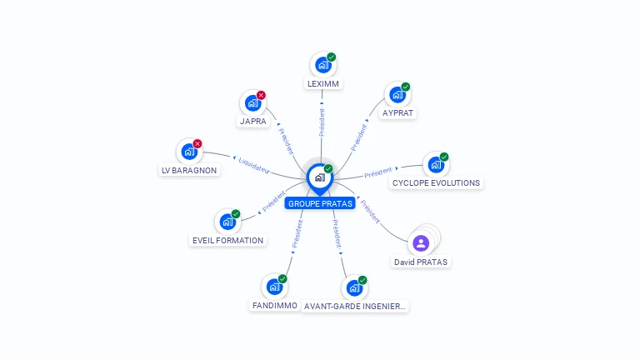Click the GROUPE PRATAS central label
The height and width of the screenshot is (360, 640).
pos(320,203)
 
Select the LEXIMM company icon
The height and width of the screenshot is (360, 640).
pos(322,65)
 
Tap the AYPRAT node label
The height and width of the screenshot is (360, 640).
pos(397,112)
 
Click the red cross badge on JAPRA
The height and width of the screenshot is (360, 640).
pos(261,95)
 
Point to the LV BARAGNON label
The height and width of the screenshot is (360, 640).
pos(189,170)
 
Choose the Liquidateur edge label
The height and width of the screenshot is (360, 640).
pos(253,164)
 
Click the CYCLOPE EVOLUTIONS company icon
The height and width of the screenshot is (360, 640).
pos(435,164)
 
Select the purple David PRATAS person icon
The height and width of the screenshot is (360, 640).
pos(421,243)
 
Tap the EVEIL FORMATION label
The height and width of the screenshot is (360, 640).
pos(227,240)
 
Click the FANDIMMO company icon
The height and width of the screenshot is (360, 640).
pos(273,287)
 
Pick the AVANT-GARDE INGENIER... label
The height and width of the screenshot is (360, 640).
pos(355,306)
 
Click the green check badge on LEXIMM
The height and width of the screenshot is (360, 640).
pos(332,57)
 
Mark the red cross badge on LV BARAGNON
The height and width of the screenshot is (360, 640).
pos(197,143)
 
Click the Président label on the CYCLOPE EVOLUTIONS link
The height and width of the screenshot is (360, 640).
pos(378,172)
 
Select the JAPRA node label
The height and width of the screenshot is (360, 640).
pos(252,121)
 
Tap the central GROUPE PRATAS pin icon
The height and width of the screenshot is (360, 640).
pos(319,177)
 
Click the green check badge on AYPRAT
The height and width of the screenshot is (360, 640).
pos(406,87)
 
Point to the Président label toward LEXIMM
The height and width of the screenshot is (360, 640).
pos(322,122)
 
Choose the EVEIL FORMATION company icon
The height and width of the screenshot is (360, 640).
pos(227,222)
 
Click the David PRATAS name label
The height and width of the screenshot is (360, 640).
pos(421,262)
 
